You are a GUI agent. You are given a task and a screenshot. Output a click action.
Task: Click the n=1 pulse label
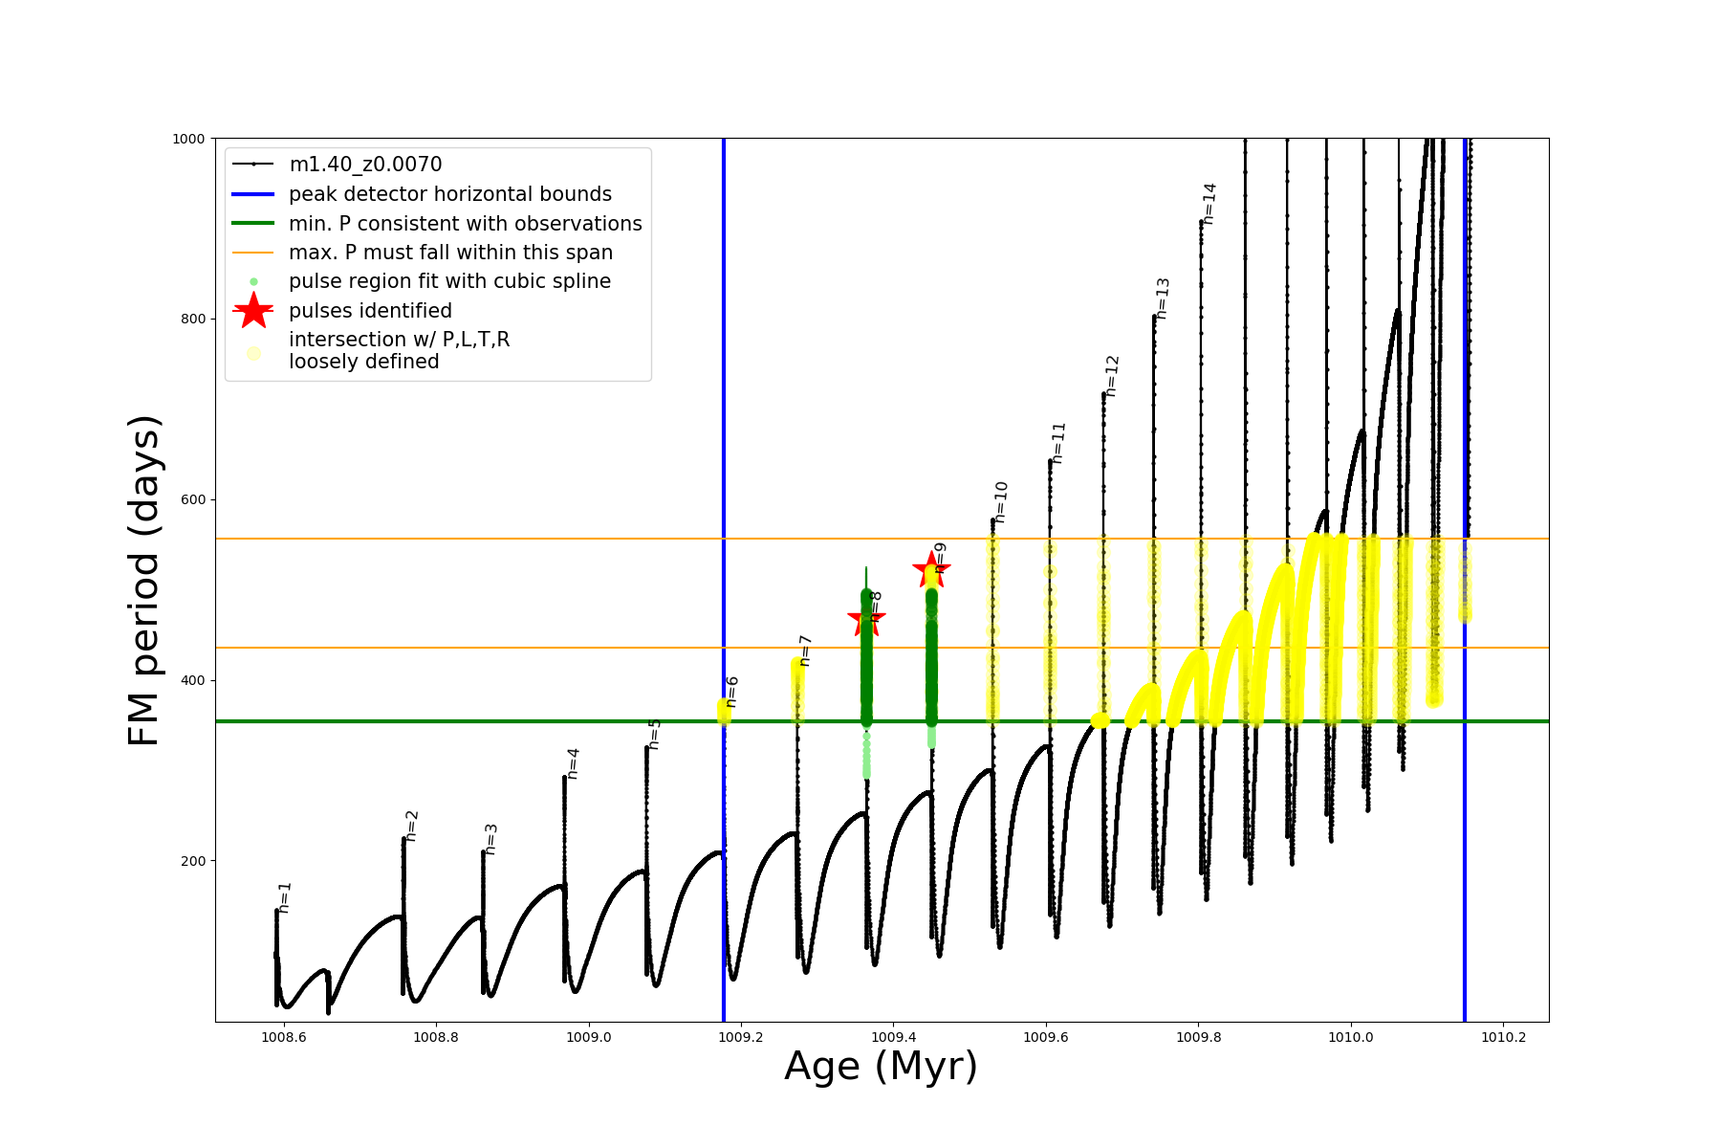(x=285, y=897)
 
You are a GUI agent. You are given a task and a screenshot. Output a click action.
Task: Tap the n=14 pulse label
(x=1209, y=204)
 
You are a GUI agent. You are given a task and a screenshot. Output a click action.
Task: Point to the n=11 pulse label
(x=1058, y=443)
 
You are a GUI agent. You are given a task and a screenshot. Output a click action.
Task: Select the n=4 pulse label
(x=573, y=763)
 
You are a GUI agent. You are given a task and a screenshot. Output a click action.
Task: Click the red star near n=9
(x=931, y=570)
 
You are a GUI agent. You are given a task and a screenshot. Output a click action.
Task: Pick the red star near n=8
(x=866, y=619)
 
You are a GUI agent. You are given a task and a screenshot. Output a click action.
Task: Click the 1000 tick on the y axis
(x=188, y=139)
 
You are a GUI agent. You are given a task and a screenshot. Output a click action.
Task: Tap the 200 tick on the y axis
(x=193, y=861)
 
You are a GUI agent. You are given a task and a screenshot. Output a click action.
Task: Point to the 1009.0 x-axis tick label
(x=589, y=1037)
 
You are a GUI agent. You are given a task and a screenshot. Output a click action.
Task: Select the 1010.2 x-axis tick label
(x=1503, y=1037)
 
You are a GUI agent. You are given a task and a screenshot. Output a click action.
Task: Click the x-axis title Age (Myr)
(x=881, y=1067)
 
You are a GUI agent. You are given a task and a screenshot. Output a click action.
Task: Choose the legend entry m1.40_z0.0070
(x=365, y=165)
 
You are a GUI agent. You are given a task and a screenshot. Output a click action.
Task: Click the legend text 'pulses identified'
(x=370, y=311)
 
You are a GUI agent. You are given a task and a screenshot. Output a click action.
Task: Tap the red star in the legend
(x=253, y=311)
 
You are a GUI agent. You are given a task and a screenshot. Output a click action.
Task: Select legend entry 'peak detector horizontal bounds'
(x=449, y=194)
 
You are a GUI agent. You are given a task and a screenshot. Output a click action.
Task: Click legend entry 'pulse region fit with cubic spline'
(x=449, y=281)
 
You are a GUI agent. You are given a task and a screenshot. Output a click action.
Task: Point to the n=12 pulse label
(x=1112, y=376)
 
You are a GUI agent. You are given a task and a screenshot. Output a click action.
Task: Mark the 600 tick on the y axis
(x=193, y=499)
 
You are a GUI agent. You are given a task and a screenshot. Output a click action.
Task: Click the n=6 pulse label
(x=732, y=692)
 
